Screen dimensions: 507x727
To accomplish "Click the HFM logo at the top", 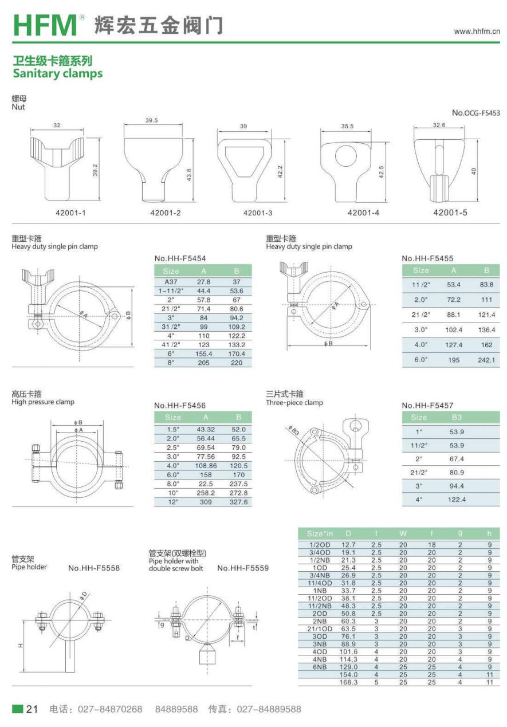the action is (x=45, y=25).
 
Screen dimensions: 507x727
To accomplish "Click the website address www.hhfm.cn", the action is (x=477, y=32).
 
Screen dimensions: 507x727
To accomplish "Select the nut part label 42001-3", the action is (x=258, y=213).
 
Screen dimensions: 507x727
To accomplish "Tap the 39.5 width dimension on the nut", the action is (x=152, y=120).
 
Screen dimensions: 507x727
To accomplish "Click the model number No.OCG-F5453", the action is (x=476, y=113).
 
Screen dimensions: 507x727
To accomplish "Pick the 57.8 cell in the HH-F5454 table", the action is (x=203, y=300).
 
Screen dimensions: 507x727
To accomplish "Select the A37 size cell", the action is (x=171, y=282).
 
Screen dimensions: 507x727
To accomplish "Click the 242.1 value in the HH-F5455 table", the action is (x=486, y=360).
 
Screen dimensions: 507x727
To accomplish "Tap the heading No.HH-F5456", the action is (x=180, y=406).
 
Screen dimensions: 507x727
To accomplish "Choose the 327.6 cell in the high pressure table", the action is (x=238, y=502).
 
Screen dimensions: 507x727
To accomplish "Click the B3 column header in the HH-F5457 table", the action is (x=457, y=417).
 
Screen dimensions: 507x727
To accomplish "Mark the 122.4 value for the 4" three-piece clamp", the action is (x=457, y=500).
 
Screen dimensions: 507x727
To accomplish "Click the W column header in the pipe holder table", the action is (x=403, y=533).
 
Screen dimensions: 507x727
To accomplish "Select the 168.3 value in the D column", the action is (x=348, y=682).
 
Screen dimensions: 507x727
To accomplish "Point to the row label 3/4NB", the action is (x=320, y=575).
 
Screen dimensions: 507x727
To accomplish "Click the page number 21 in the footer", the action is (x=32, y=709).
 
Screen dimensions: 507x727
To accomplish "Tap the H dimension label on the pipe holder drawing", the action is (x=21, y=646).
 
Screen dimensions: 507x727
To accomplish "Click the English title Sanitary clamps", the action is (x=58, y=74).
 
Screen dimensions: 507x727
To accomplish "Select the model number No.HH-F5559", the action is (x=243, y=568).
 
